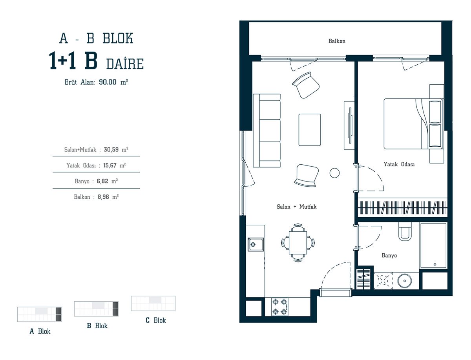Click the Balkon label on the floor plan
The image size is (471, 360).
337,41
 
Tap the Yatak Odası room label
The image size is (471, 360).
399,164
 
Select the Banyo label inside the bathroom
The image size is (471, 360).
389,255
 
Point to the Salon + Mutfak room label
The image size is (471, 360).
297,207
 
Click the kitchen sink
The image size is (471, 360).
256,244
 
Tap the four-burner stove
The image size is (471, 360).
280,306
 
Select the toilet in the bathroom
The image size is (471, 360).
405,231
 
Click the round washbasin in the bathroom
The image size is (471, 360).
405,281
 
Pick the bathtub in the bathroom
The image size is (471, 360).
433,245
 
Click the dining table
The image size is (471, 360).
298,242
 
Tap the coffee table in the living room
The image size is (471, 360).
309,130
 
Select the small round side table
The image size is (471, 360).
334,173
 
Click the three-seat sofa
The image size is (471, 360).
267,130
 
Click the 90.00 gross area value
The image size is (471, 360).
108,82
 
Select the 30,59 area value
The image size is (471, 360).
111,149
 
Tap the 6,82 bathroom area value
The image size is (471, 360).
102,181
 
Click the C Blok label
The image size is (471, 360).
156,320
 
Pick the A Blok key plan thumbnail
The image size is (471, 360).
39,314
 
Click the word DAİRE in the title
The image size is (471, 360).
125,64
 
